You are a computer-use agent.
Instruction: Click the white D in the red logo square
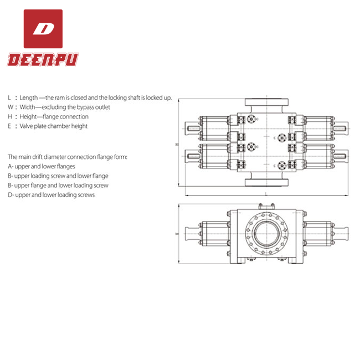(x=43, y=29)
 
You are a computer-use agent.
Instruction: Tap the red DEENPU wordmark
(x=43, y=59)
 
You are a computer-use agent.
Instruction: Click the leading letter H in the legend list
(x=9, y=117)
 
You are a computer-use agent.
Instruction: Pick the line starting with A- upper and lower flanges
(x=42, y=166)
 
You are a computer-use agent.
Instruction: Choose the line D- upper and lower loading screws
(x=51, y=195)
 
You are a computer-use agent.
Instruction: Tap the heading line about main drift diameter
(x=67, y=157)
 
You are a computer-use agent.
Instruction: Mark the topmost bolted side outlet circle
(x=253, y=119)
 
